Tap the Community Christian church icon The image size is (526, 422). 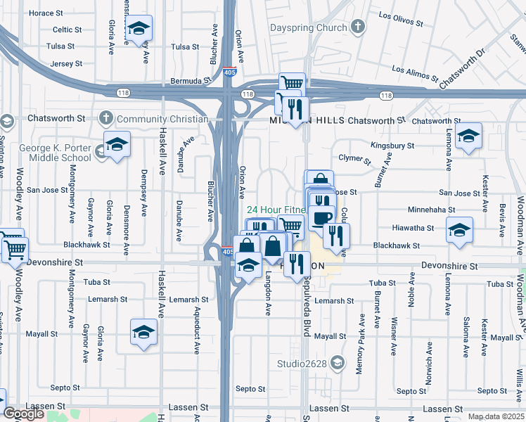(x=106, y=118)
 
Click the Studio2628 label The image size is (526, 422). (x=303, y=364)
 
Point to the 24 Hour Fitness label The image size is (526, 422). (x=276, y=210)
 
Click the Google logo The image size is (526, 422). (x=23, y=414)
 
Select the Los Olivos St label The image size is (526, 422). (x=401, y=19)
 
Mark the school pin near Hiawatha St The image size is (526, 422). (x=459, y=229)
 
